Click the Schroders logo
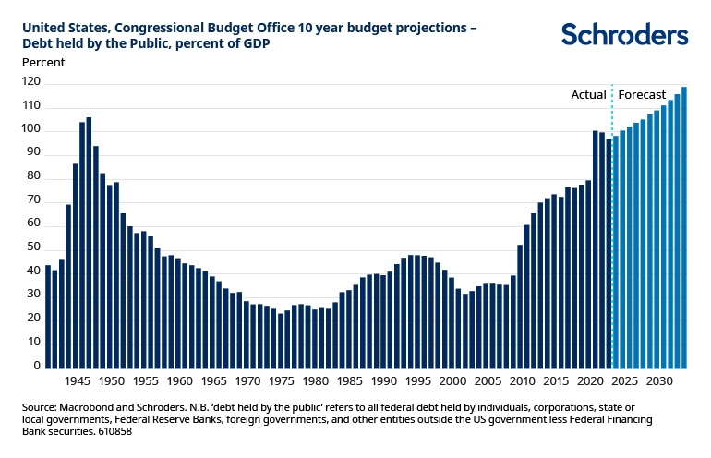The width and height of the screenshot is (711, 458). point(624,35)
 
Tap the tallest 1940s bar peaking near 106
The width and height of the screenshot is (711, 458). point(89,242)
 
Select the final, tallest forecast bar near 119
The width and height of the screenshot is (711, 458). point(684,228)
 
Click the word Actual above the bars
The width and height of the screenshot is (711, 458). point(588,94)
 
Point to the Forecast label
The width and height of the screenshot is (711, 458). point(641,94)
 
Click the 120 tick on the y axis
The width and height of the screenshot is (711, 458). point(32,82)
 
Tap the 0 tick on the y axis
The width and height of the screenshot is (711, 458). point(38,366)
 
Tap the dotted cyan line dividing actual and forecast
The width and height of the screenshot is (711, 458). point(612,231)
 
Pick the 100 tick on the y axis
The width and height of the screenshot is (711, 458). point(32,129)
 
